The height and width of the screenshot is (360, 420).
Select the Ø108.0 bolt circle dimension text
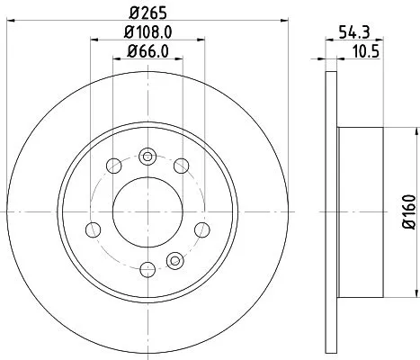click(145, 32)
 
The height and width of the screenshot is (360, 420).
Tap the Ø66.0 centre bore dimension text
click(145, 52)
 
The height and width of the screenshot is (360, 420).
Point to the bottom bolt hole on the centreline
click(145, 269)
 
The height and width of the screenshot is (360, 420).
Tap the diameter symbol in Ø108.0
click(122, 32)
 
